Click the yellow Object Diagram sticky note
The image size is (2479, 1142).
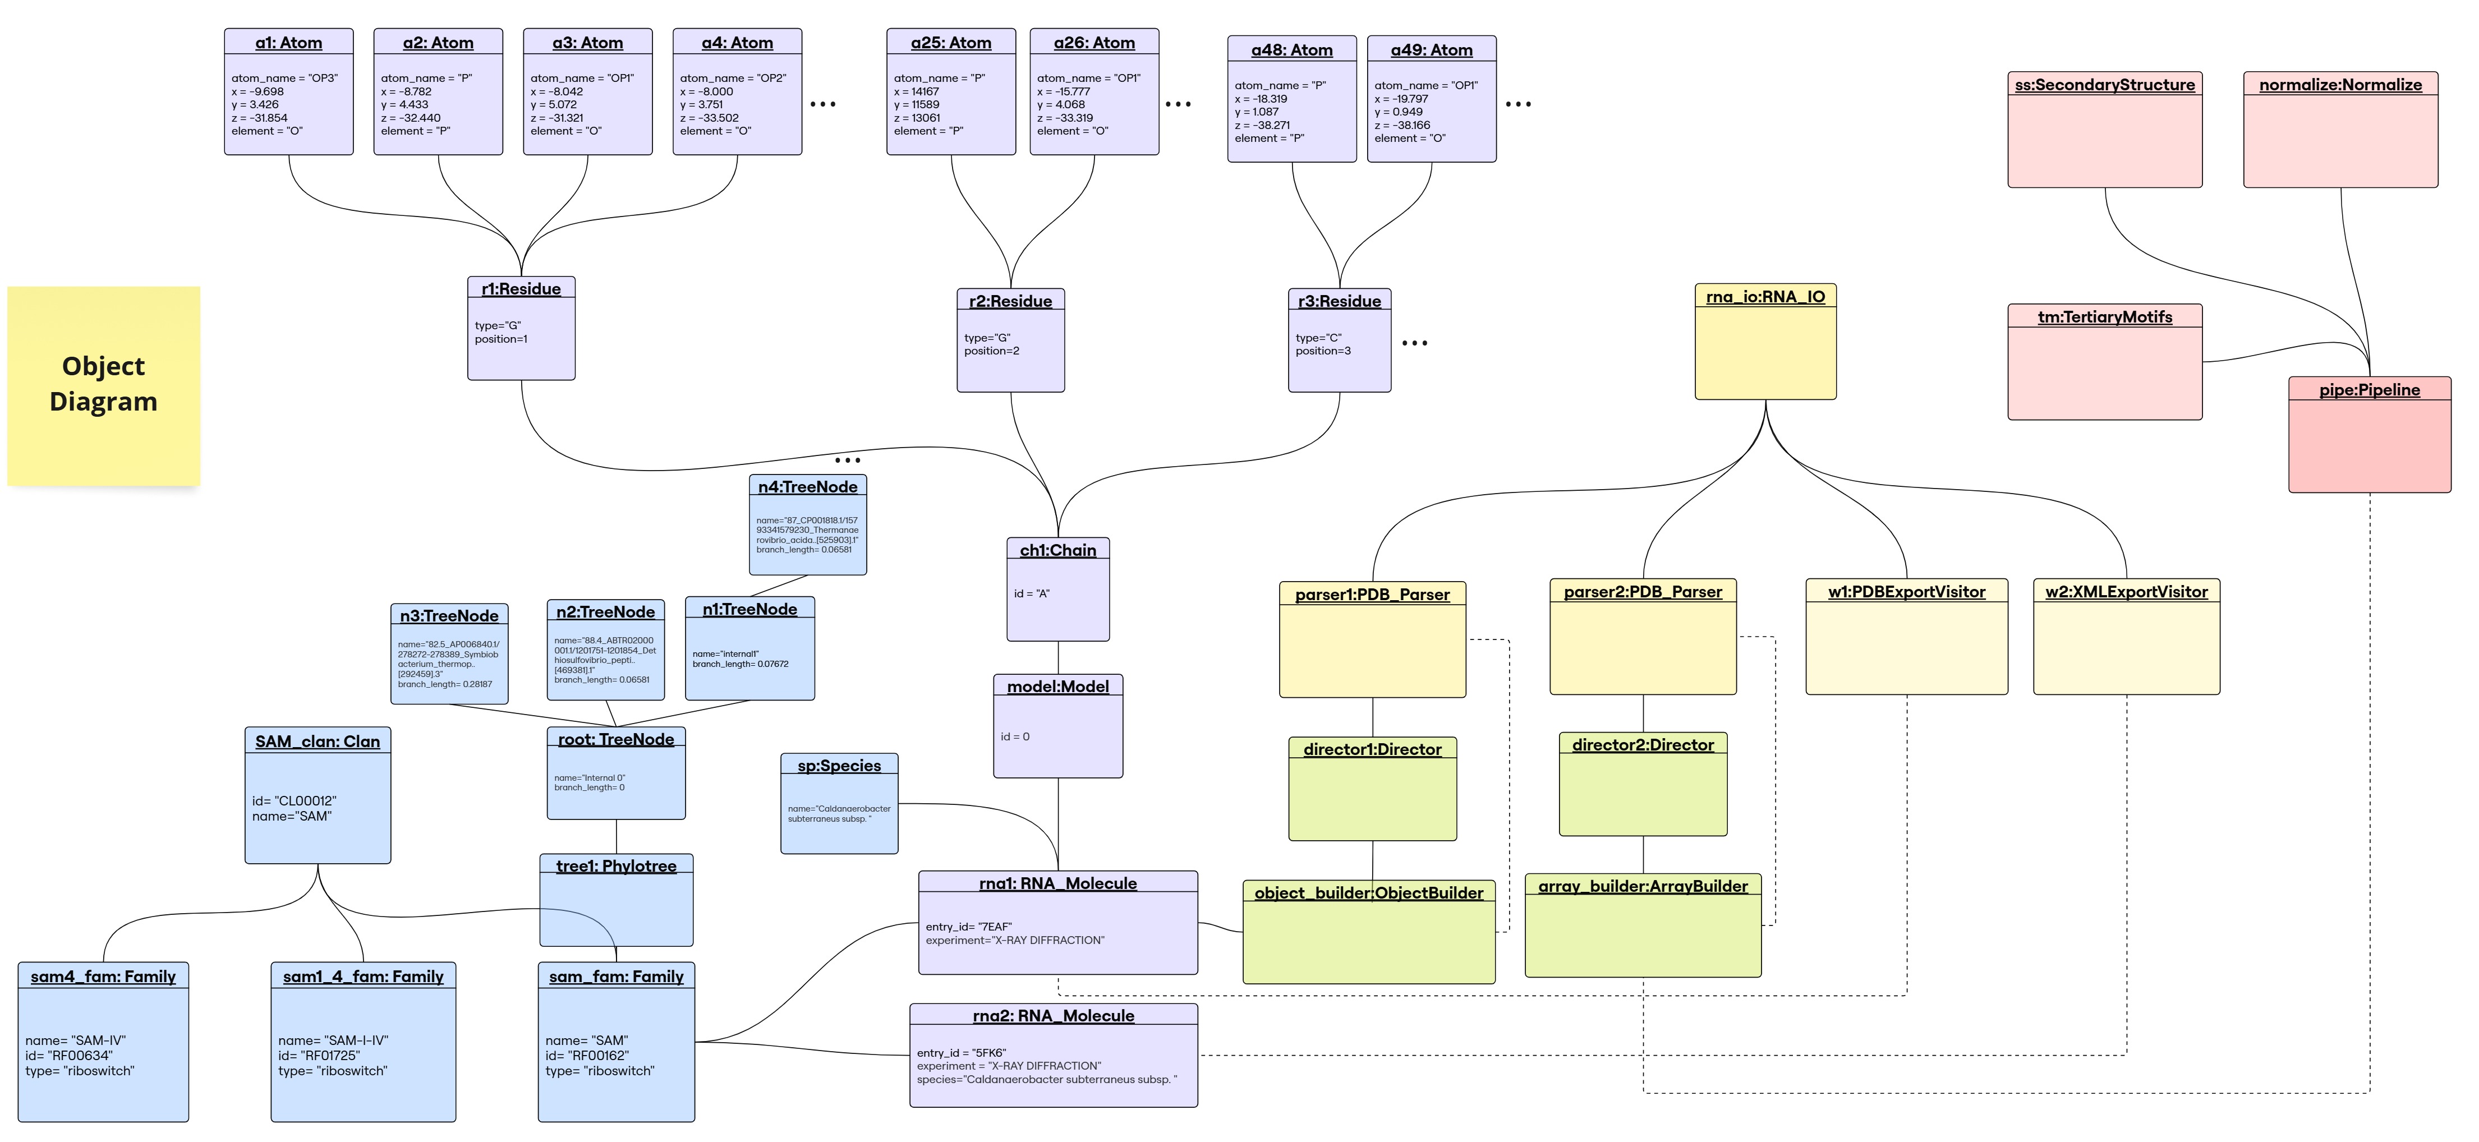point(103,385)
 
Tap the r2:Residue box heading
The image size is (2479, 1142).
point(1010,301)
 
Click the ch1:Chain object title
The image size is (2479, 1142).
point(1057,550)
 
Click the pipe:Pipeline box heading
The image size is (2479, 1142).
point(2368,390)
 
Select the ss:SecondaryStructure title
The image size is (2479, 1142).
point(2105,85)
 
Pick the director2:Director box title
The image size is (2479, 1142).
point(1643,745)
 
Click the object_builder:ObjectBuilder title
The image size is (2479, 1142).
point(1368,894)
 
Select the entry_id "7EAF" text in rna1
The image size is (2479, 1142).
point(968,927)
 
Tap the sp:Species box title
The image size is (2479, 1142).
point(839,766)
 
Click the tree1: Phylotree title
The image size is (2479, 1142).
point(616,867)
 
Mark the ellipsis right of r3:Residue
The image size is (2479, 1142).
point(1415,343)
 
